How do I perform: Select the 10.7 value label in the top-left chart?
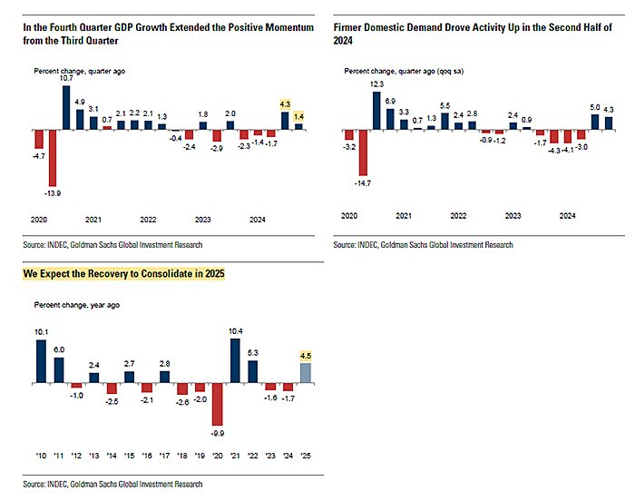pos(66,79)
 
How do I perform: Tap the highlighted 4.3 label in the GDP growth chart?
pos(285,104)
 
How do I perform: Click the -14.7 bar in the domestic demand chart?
pos(364,152)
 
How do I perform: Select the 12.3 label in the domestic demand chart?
pos(377,84)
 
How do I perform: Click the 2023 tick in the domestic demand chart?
pos(513,216)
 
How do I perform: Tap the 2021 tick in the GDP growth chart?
pos(93,220)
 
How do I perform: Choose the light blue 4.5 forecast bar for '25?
pos(307,372)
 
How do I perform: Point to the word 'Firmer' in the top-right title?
pos(348,28)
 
